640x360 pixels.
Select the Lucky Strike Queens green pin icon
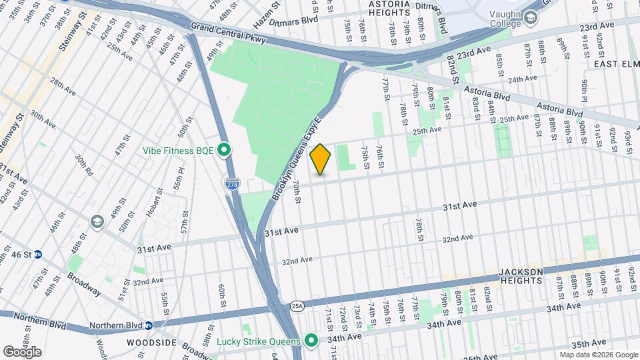coord(311,341)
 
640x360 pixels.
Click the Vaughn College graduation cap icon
coord(531,19)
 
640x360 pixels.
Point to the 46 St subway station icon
coord(38,254)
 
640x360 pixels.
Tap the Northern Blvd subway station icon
coord(149,325)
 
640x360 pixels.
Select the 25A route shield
coord(297,306)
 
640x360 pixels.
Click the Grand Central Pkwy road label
coord(228,31)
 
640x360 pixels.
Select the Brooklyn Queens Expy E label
coord(297,159)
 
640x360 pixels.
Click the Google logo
coord(22,351)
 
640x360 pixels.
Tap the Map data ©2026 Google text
coord(598,355)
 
